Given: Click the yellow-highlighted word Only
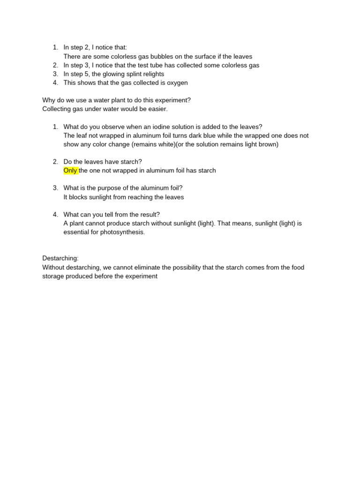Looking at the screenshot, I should pos(70,171).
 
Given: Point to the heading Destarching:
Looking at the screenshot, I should pos(60,258).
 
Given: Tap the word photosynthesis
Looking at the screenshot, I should pos(122,232).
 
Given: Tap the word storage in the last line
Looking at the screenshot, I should pos(53,276).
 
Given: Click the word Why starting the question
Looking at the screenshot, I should pos(49,100).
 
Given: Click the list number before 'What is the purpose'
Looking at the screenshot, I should pos(55,188).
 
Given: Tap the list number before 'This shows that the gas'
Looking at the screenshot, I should pos(55,83).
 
